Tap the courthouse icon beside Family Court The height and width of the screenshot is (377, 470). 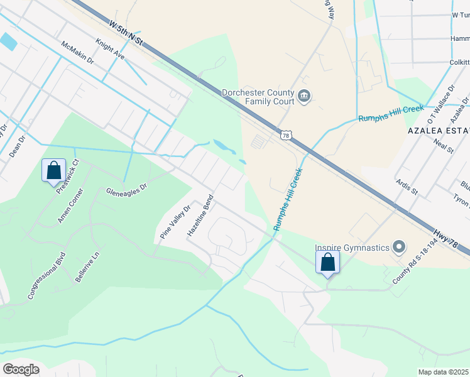click(x=305, y=96)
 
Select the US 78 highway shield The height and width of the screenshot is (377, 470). click(x=285, y=135)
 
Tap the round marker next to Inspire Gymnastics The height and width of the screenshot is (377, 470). click(x=398, y=247)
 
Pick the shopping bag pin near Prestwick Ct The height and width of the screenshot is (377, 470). click(x=53, y=170)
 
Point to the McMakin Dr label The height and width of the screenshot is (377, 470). click(x=77, y=53)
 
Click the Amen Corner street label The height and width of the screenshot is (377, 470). click(x=70, y=212)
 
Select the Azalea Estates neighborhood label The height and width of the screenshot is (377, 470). click(x=438, y=130)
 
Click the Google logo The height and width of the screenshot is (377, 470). click(x=21, y=369)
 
